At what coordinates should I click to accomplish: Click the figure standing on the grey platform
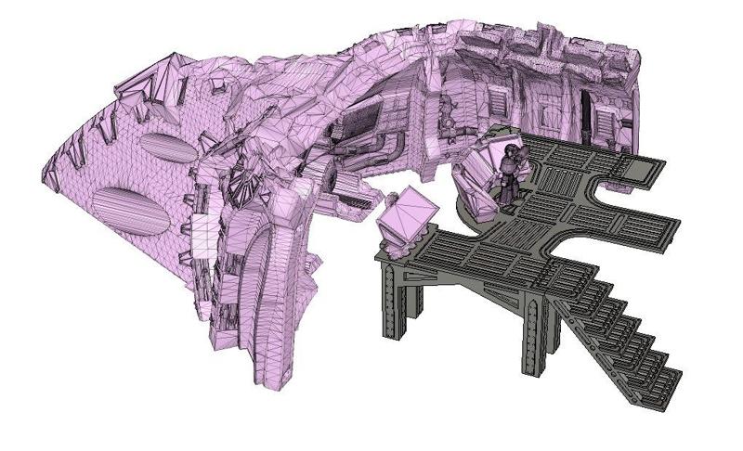509,176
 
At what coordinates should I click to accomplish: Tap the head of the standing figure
510,151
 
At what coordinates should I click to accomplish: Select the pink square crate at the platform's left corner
407,220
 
